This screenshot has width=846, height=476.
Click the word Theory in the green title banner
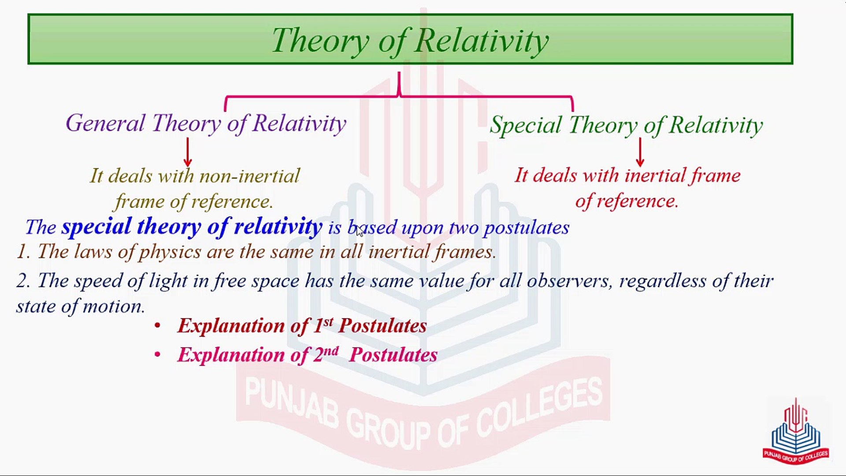pyautogui.click(x=320, y=41)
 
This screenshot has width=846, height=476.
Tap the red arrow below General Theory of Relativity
pyautogui.click(x=188, y=152)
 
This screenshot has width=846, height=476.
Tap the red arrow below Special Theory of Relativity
pyautogui.click(x=640, y=152)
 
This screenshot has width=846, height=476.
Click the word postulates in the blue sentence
pyautogui.click(x=526, y=227)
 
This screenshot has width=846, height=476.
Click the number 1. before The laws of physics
pyautogui.click(x=23, y=252)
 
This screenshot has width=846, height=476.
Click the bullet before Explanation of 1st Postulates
pyautogui.click(x=157, y=326)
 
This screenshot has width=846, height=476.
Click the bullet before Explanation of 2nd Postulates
pyautogui.click(x=157, y=355)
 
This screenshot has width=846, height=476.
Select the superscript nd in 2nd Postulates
pyautogui.click(x=331, y=350)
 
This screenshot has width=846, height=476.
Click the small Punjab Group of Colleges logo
pyautogui.click(x=796, y=431)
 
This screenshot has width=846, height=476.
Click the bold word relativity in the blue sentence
pyautogui.click(x=278, y=227)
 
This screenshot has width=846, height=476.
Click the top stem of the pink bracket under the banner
pyautogui.click(x=399, y=82)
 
